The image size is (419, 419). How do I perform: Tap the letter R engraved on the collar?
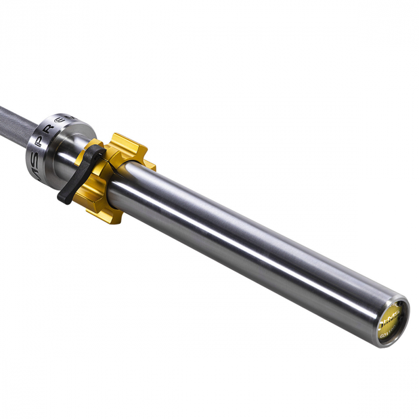[60, 121]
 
